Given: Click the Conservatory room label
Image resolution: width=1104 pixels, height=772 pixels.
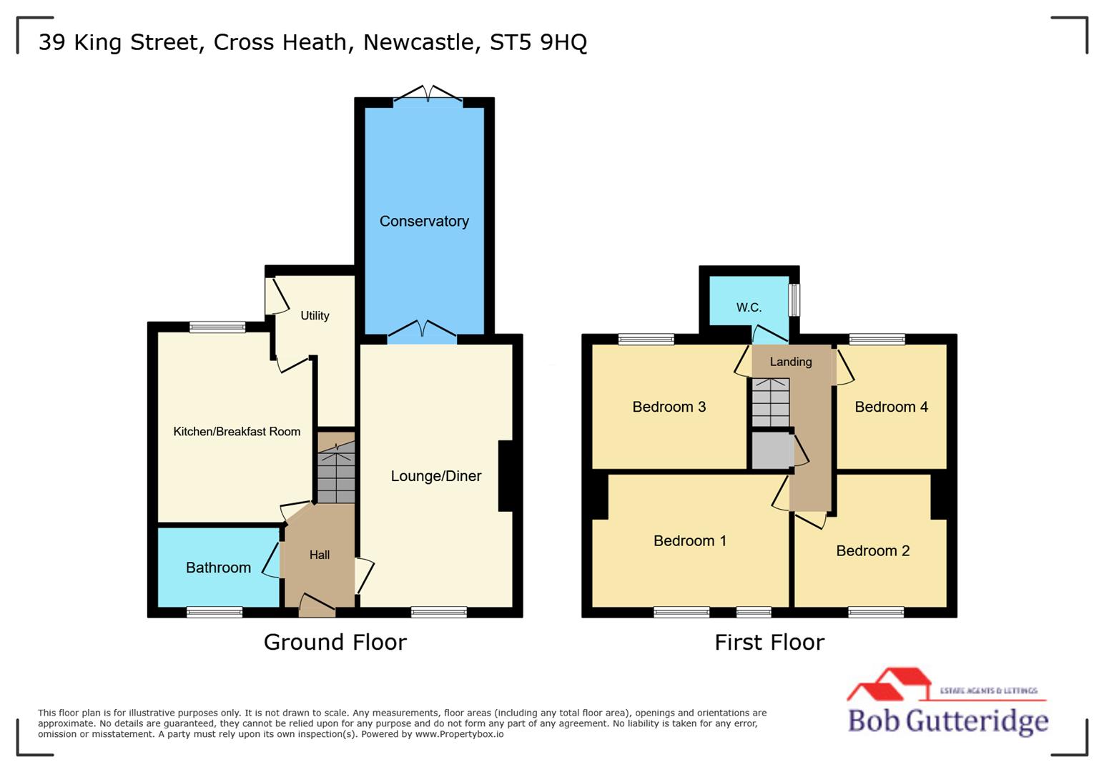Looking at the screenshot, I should (424, 222).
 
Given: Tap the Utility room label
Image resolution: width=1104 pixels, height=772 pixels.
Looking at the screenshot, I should (315, 316).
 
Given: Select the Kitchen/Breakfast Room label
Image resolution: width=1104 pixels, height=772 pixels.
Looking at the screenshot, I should (237, 432).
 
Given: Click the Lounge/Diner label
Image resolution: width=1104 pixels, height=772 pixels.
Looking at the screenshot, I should (436, 476).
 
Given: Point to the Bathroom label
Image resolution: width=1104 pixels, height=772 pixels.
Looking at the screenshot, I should (218, 568).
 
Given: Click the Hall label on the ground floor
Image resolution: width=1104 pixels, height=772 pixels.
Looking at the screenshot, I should (320, 555).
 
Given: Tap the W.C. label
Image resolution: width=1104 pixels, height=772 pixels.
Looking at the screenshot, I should (749, 307).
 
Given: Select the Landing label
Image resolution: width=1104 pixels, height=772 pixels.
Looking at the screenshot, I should (791, 362).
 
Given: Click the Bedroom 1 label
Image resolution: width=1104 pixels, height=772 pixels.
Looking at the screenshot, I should (690, 541).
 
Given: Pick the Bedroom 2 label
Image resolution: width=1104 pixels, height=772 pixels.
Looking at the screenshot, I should (873, 550).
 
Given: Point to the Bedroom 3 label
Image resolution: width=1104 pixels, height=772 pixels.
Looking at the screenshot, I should (669, 407).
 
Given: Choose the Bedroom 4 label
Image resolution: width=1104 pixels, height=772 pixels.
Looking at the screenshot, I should (892, 407).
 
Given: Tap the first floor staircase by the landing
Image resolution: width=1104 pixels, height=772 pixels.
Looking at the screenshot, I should (770, 402).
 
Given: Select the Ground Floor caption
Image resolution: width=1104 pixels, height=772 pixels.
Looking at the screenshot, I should (335, 642).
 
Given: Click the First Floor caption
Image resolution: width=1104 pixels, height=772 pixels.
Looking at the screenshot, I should (769, 642).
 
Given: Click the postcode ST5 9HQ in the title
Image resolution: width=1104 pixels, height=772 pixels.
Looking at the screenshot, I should (538, 42).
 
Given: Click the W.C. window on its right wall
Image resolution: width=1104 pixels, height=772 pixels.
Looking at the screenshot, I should (794, 300).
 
